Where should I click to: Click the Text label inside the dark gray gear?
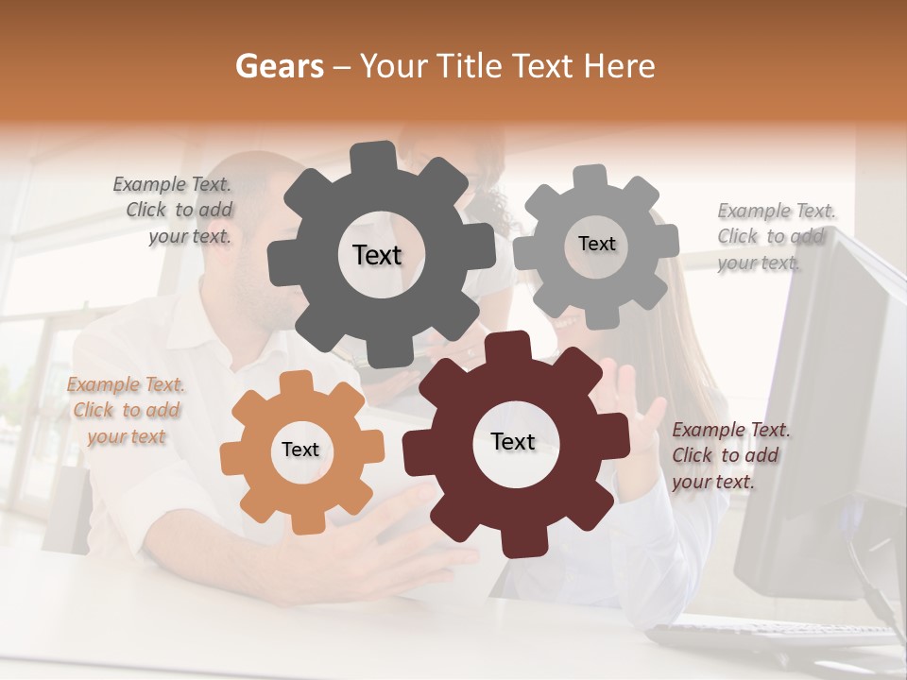tap(377, 255)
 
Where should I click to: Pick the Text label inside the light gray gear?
tap(596, 244)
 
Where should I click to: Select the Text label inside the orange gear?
tap(300, 450)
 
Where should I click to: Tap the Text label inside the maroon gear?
tap(513, 441)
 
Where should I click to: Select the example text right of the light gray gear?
tap(775, 236)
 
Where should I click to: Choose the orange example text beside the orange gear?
tap(125, 410)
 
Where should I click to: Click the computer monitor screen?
tap(836, 397)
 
